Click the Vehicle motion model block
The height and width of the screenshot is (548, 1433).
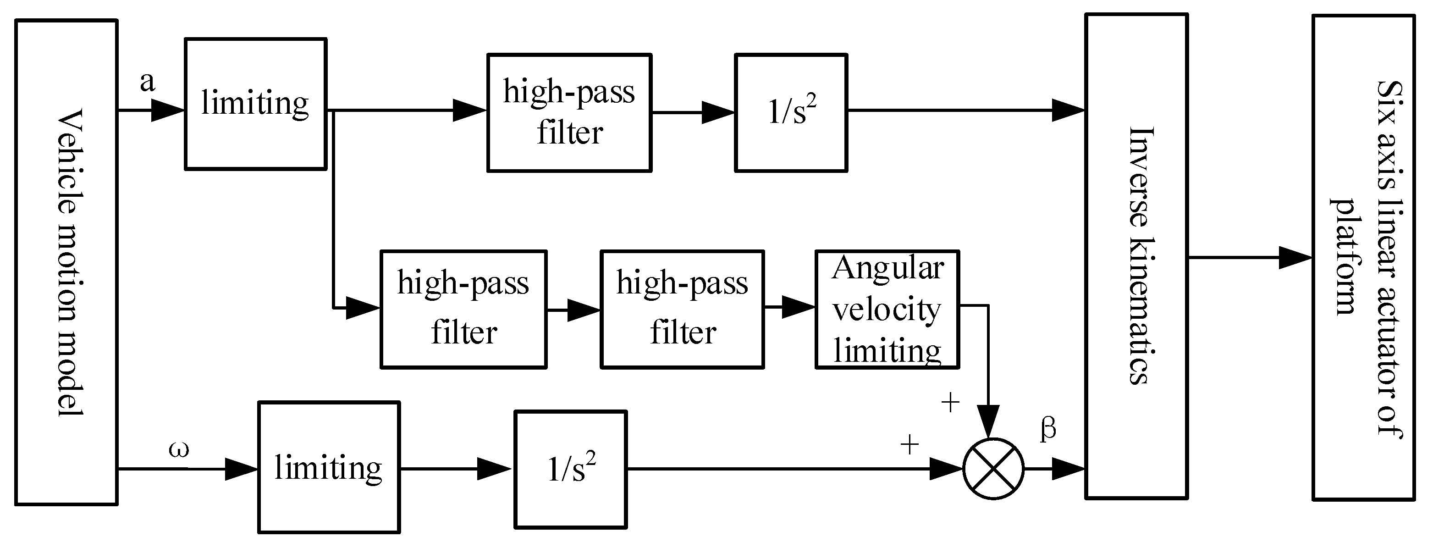click(x=66, y=262)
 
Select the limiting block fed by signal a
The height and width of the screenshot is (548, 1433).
click(x=255, y=104)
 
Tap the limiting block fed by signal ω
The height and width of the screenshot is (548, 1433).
click(x=329, y=467)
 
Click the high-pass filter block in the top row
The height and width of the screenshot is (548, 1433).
click(x=569, y=113)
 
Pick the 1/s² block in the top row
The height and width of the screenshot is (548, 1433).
click(x=790, y=113)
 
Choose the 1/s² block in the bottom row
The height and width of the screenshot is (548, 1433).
click(x=571, y=469)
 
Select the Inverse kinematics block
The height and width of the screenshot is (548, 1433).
click(x=1136, y=256)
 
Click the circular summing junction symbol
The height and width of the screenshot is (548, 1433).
click(x=993, y=469)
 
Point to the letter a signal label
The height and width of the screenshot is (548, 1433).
click(x=148, y=82)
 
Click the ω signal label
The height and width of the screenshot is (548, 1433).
click(x=179, y=448)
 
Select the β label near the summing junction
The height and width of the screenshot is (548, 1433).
click(x=1048, y=430)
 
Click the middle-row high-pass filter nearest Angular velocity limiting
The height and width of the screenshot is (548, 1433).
click(x=682, y=310)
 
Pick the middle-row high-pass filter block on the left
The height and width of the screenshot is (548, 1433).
click(x=463, y=310)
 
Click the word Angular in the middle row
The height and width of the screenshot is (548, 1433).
click(x=888, y=268)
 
